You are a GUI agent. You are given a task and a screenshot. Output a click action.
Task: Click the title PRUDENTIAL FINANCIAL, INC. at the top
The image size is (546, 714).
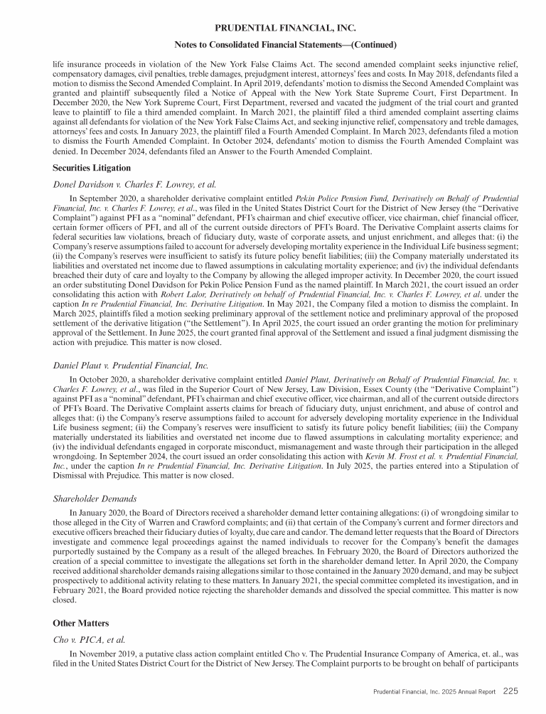pos(273,28)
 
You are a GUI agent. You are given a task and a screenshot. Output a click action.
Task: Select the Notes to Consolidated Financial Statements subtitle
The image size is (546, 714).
pos(273,45)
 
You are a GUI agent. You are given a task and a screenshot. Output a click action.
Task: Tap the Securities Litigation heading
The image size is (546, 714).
pos(92,169)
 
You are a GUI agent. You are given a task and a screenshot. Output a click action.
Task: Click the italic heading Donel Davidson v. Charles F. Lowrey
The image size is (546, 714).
pos(135,184)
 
